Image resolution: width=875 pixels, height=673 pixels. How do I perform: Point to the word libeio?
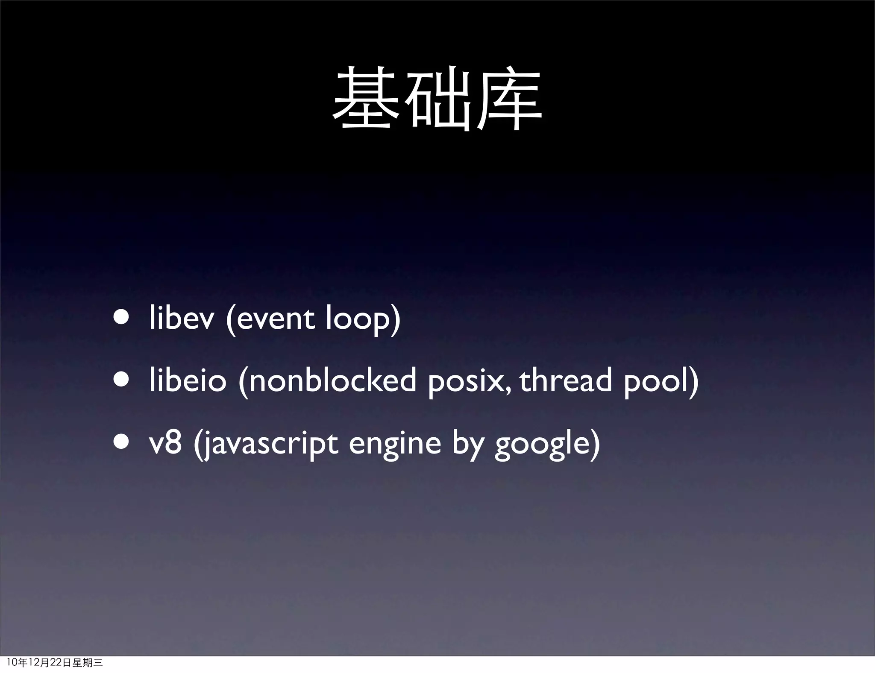[x=188, y=380]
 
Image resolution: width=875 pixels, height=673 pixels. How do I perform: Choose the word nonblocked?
[x=332, y=380]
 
